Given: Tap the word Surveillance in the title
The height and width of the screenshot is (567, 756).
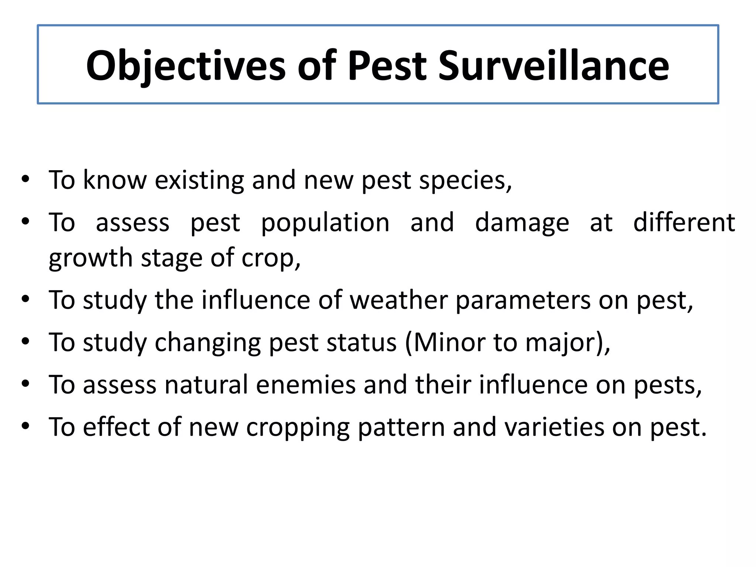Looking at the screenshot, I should [553, 66].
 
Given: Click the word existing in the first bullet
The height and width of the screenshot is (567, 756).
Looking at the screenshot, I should [199, 180].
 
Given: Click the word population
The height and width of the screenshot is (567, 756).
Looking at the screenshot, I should [325, 223].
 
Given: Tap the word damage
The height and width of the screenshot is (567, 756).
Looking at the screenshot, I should [522, 223].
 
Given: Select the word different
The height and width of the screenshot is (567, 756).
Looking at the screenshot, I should [684, 222].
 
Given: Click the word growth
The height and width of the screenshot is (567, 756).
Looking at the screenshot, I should [90, 258].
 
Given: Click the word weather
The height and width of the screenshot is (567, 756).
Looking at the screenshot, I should [399, 300].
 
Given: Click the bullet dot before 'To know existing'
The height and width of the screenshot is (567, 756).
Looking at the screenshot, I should [25, 180].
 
